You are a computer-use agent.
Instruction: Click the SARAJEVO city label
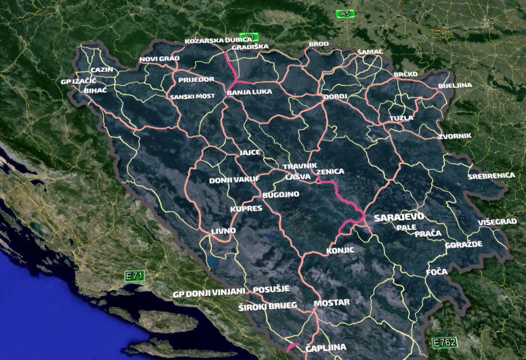coord(399,217)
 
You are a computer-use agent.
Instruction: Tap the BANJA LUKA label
coord(250,92)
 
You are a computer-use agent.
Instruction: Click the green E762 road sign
coord(444,342)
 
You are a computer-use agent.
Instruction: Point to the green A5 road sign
coord(345,14)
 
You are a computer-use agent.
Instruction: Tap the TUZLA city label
coord(401,118)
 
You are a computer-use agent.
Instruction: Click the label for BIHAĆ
coord(95,90)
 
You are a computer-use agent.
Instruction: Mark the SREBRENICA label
coord(491,176)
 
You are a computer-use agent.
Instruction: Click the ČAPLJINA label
coord(325,347)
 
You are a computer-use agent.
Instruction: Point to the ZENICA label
coord(330,172)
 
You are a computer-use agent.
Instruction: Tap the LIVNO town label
coord(223,231)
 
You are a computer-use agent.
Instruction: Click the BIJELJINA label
coord(455,85)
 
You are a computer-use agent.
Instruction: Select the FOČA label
coord(437,272)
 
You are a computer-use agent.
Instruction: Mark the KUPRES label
coord(246,209)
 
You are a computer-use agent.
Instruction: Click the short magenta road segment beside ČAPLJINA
coord(293,347)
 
